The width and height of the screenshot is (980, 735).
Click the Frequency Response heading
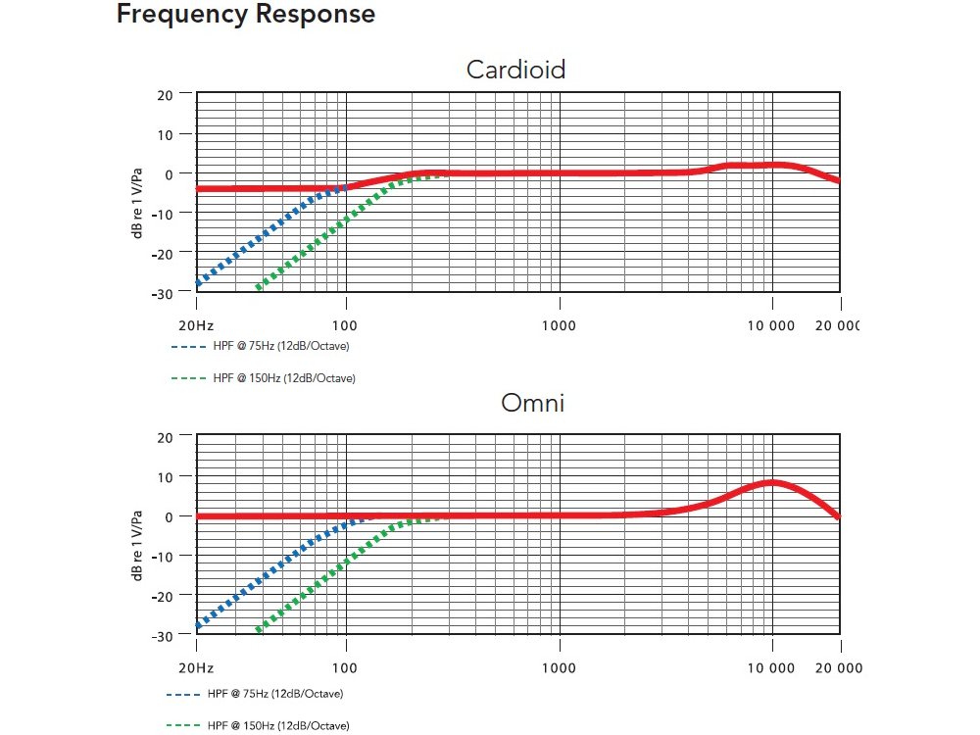point(245,15)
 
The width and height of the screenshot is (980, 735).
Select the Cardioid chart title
point(515,70)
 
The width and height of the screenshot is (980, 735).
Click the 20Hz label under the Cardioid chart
point(196,324)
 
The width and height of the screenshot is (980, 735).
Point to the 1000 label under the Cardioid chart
point(559,324)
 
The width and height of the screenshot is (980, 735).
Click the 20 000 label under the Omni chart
point(839,667)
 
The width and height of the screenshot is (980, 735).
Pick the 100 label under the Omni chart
point(345,667)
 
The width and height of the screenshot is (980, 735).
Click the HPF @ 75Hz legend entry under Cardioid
point(260,347)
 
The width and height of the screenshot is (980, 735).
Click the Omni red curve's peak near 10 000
point(772,482)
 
